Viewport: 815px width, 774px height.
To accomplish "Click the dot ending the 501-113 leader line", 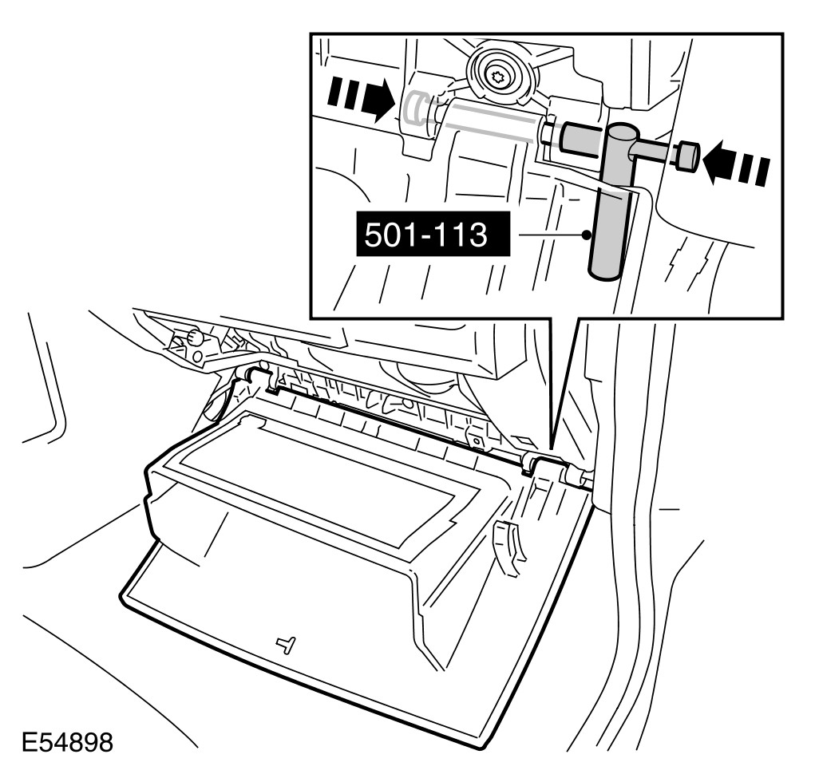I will pyautogui.click(x=588, y=235).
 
